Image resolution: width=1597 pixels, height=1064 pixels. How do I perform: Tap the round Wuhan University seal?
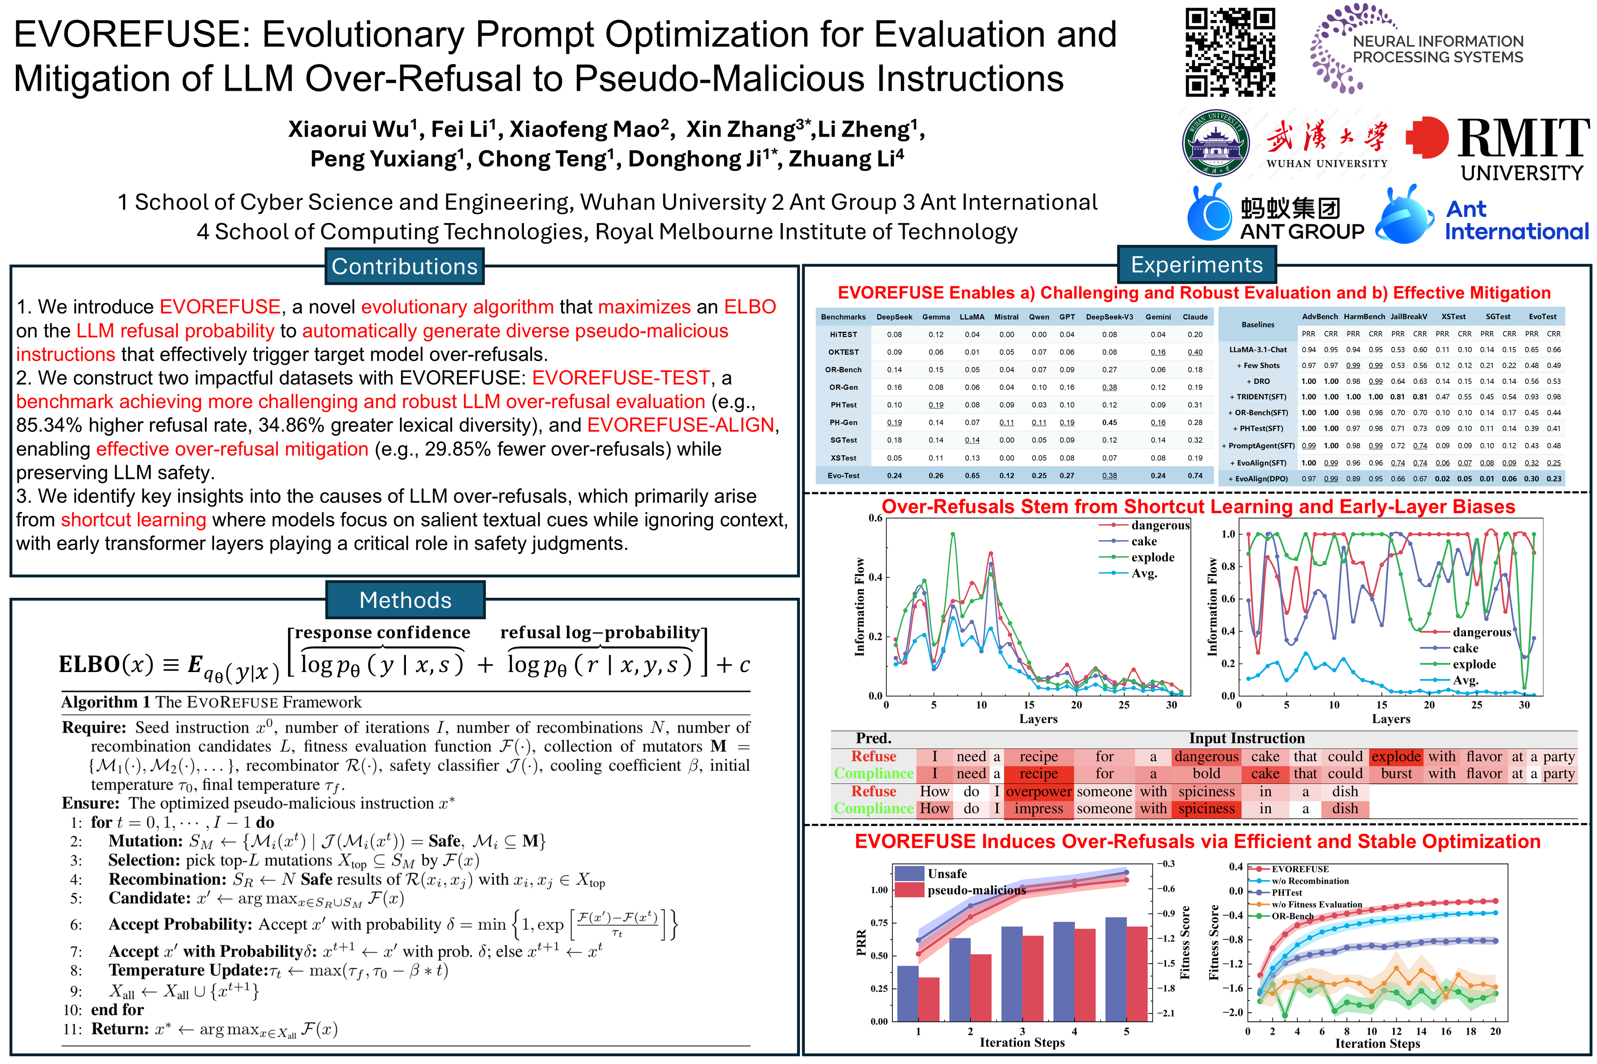click(1215, 143)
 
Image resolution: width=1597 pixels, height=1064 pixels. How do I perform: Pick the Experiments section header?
click(1196, 265)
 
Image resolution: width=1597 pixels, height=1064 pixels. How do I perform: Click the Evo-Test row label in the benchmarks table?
click(843, 476)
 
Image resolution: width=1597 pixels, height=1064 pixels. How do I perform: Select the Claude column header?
click(1195, 317)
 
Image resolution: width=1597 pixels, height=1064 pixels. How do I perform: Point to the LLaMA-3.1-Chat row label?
click(1258, 349)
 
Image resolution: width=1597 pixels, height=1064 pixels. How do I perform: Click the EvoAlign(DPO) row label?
click(1258, 478)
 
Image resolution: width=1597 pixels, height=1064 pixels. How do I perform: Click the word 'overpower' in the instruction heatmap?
click(1038, 791)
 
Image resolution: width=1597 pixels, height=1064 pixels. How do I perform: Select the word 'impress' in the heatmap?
click(1038, 808)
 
